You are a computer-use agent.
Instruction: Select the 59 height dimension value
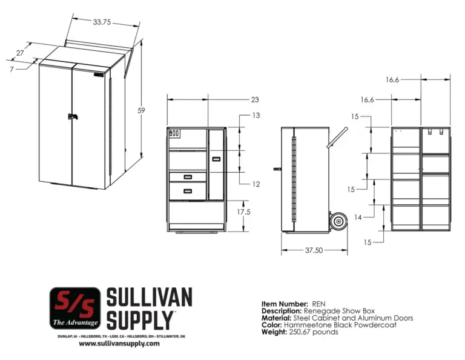pos(141,110)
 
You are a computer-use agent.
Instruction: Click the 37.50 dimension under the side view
pos(314,250)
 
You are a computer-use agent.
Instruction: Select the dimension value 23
pos(255,99)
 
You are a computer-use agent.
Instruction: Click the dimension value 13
pos(256,115)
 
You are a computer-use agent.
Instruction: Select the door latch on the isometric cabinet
pos(72,117)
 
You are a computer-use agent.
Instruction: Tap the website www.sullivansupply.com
pos(119,343)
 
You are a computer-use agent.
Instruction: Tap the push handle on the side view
pos(337,137)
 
